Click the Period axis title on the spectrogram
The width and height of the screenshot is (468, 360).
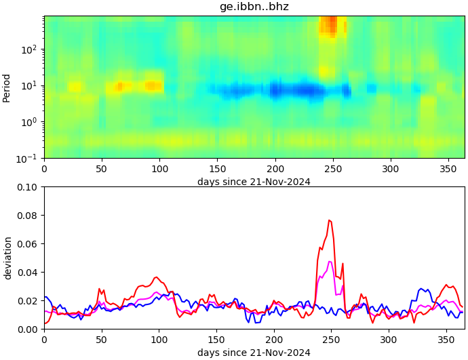pyautogui.click(x=7, y=87)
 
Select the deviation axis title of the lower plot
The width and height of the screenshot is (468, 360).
pyautogui.click(x=7, y=258)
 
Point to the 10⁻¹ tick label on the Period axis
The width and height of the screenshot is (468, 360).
pyautogui.click(x=30, y=158)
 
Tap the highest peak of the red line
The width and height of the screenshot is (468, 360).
pyautogui.click(x=329, y=220)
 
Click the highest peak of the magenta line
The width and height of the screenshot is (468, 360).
pyautogui.click(x=330, y=262)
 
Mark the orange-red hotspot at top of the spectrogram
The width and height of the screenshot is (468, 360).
pyautogui.click(x=330, y=25)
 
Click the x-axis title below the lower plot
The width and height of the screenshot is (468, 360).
pyautogui.click(x=254, y=353)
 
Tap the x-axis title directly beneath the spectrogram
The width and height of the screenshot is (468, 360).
pyautogui.click(x=254, y=181)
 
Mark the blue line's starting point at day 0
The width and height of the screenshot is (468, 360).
pyautogui.click(x=45, y=297)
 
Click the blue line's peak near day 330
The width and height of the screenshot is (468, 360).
pyautogui.click(x=422, y=289)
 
